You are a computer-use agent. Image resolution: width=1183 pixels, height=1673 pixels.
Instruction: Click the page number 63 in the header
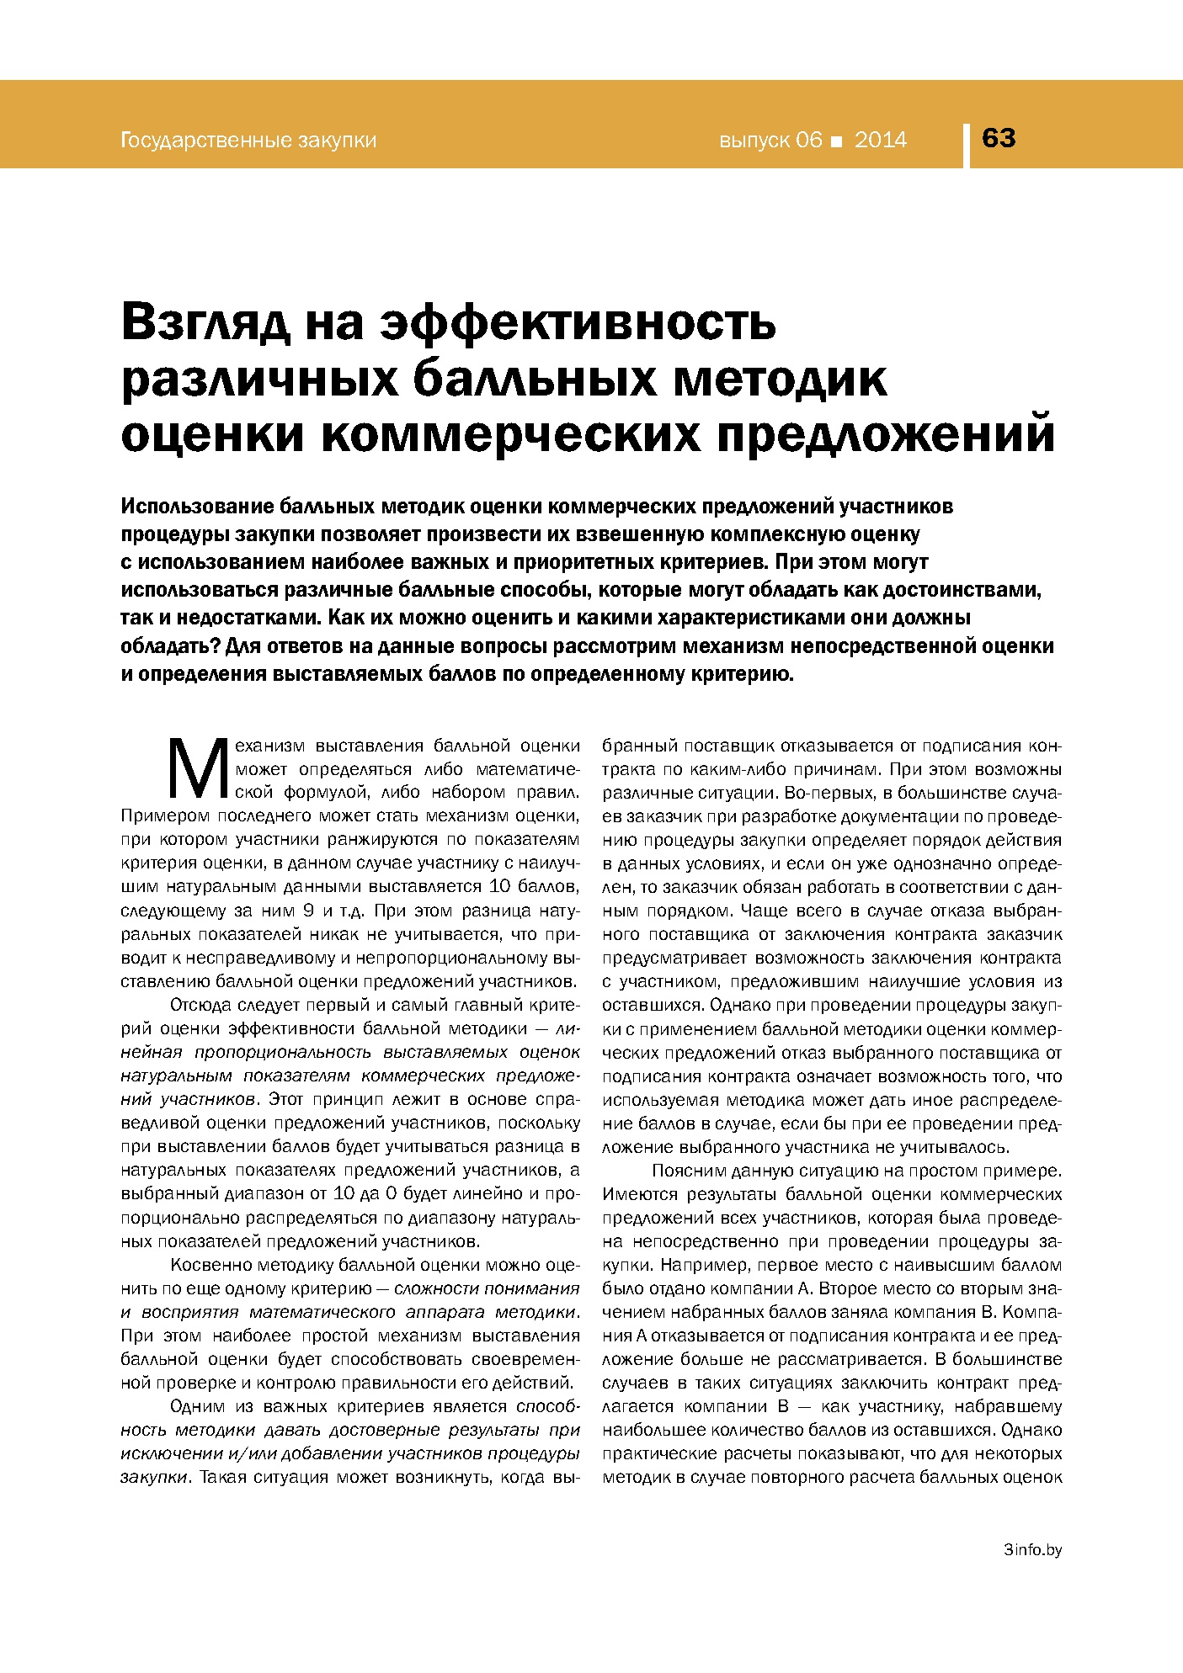[999, 138]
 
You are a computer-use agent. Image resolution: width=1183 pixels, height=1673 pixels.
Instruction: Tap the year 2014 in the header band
[881, 140]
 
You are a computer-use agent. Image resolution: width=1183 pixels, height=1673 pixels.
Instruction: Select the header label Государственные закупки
[248, 141]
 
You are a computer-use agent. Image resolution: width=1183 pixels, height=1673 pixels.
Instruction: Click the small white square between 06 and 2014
[836, 141]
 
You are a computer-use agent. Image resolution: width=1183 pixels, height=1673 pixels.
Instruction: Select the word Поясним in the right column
[686, 1171]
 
